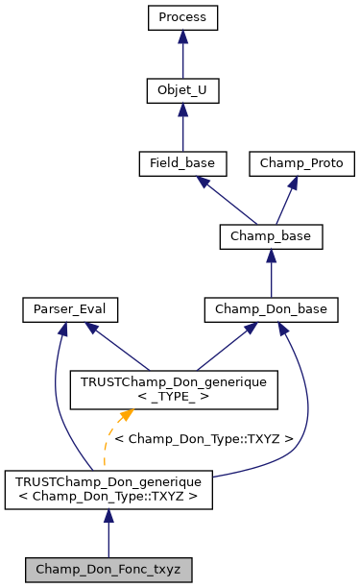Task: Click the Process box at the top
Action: tap(182, 17)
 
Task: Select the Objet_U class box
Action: tap(182, 90)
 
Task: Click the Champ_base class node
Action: tap(271, 235)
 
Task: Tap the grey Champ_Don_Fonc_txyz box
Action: tap(108, 569)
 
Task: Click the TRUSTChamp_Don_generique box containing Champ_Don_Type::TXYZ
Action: tap(108, 489)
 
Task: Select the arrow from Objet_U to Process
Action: tap(182, 54)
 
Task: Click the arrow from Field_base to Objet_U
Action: tap(182, 127)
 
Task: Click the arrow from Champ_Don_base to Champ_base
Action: tap(271, 272)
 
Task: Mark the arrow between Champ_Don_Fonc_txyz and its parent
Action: tap(108, 531)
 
